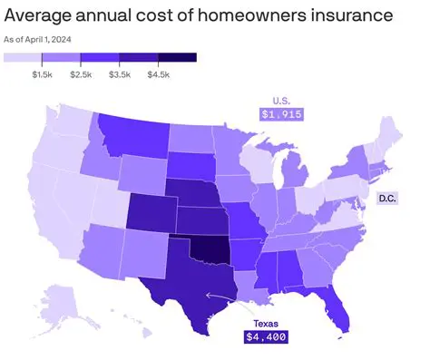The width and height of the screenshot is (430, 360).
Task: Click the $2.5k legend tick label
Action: (82, 73)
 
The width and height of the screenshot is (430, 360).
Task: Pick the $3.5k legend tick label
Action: (120, 73)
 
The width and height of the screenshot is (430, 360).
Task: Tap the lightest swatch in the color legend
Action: (23, 58)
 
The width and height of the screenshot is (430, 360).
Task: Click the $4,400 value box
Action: (265, 337)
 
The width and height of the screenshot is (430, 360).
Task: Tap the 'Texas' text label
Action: (265, 322)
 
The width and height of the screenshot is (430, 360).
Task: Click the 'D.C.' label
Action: (387, 198)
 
